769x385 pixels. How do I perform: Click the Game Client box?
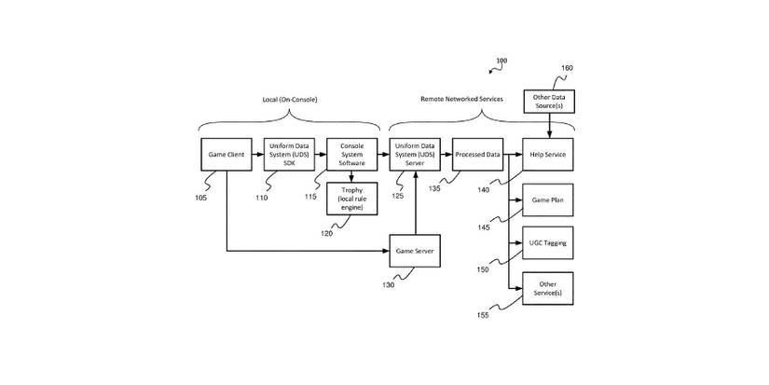point(227,154)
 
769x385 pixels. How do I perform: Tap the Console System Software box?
point(352,154)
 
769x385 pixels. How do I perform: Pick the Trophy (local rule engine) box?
point(352,199)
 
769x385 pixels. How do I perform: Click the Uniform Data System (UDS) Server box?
point(414,154)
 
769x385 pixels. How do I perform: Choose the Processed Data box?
point(478,154)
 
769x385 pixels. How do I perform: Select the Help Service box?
point(547,154)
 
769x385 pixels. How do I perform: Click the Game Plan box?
point(547,199)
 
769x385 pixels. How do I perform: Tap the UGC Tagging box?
point(547,242)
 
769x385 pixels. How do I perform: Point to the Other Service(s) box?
point(547,288)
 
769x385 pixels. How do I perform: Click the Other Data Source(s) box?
point(547,101)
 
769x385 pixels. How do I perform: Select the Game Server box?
point(414,251)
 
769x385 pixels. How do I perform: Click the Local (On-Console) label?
point(290,100)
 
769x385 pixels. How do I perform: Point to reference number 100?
point(501,62)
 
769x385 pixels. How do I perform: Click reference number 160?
point(567,68)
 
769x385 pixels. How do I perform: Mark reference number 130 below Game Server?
point(387,285)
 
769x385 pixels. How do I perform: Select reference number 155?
point(483,316)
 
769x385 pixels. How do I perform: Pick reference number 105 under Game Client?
point(201,198)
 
